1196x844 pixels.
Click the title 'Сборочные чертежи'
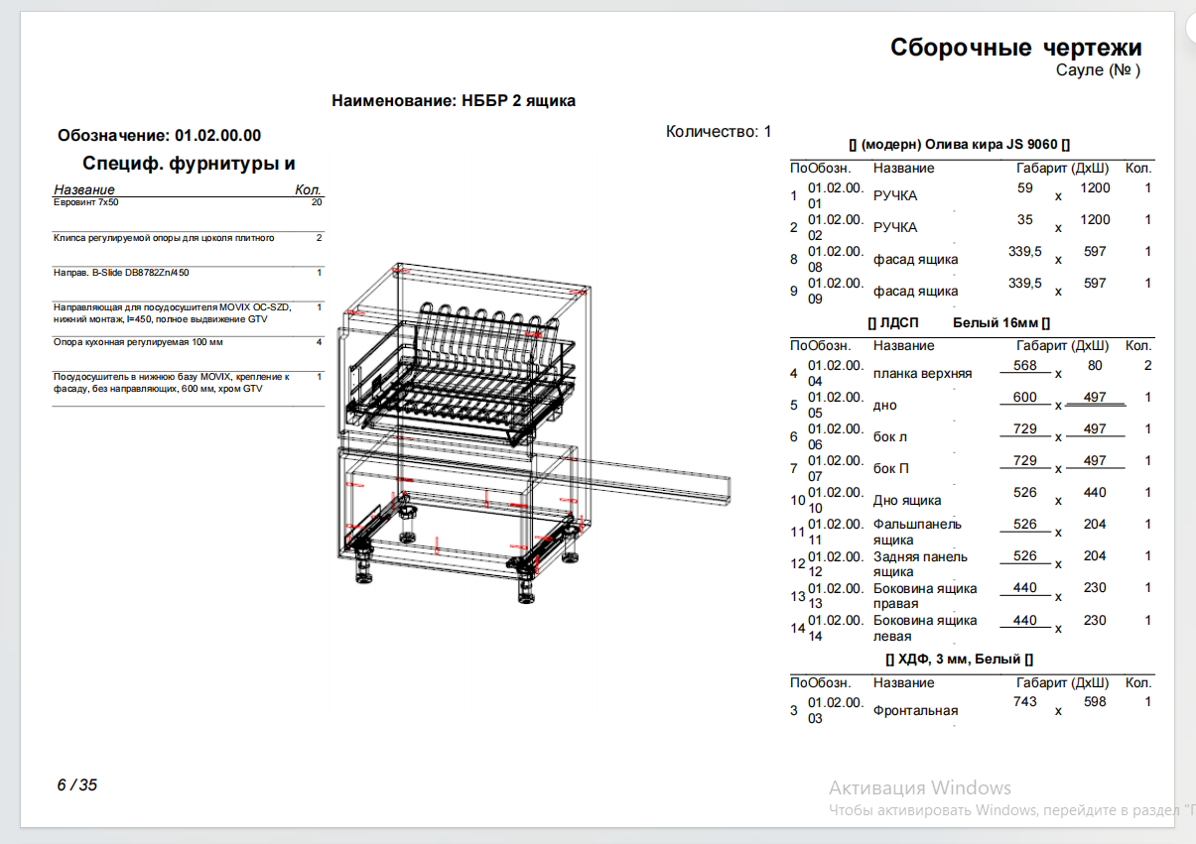click(x=1015, y=48)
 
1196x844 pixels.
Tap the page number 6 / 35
click(x=76, y=784)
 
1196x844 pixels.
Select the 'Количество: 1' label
click(x=719, y=132)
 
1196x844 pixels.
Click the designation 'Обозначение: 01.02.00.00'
click(x=159, y=136)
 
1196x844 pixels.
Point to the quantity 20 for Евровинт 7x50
click(x=317, y=202)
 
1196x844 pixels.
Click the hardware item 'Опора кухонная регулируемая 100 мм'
click(x=138, y=342)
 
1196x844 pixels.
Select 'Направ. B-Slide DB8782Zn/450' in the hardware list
click(x=121, y=273)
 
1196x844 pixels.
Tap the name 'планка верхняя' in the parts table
click(x=922, y=374)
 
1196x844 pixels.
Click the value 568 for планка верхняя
click(x=1024, y=365)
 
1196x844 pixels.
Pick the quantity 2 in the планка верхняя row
click(x=1147, y=365)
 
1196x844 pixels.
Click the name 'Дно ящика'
click(x=906, y=501)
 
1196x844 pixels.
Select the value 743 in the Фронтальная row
click(x=1024, y=701)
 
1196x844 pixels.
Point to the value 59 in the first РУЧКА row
click(x=1024, y=187)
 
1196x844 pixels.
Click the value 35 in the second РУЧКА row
click(x=1024, y=219)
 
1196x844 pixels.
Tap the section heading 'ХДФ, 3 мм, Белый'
click(x=959, y=660)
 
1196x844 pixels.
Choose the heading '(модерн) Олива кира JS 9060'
click(x=959, y=145)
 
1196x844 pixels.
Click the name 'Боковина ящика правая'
click(x=925, y=596)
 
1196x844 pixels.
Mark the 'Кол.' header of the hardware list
click(x=308, y=189)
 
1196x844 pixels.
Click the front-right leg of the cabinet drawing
click(x=526, y=584)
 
